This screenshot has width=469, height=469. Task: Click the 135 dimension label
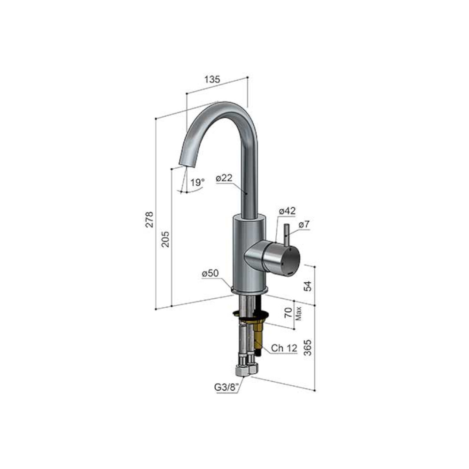[212, 79]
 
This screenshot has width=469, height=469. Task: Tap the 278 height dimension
[149, 219]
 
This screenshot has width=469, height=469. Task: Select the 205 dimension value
[166, 239]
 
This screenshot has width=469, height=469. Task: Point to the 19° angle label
[197, 182]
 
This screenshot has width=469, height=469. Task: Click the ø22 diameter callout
[224, 178]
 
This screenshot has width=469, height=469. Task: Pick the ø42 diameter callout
[287, 211]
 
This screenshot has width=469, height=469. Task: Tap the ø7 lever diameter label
[304, 224]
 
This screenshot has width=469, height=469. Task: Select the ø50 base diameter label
[210, 273]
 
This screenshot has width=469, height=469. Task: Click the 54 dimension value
[308, 286]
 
